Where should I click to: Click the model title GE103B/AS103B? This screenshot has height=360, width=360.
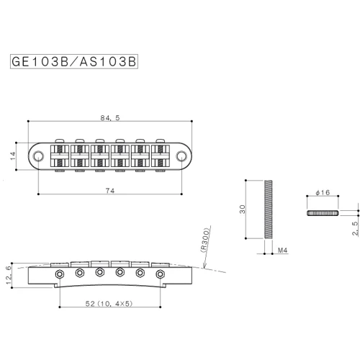click(x=74, y=62)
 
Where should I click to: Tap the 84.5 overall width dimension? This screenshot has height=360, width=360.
click(x=110, y=118)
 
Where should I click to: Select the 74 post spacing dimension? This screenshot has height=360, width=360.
click(x=110, y=191)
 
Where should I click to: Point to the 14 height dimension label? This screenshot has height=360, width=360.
click(x=13, y=156)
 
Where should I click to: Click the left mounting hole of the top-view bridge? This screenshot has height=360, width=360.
click(x=38, y=156)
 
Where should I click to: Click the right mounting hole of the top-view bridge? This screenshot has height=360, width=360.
click(x=181, y=156)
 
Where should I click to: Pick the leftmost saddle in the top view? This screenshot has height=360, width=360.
click(x=60, y=156)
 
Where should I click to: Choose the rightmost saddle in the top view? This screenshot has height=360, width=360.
click(x=161, y=156)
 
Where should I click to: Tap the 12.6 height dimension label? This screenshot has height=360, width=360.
click(x=9, y=275)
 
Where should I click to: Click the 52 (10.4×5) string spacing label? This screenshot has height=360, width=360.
click(x=109, y=304)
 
